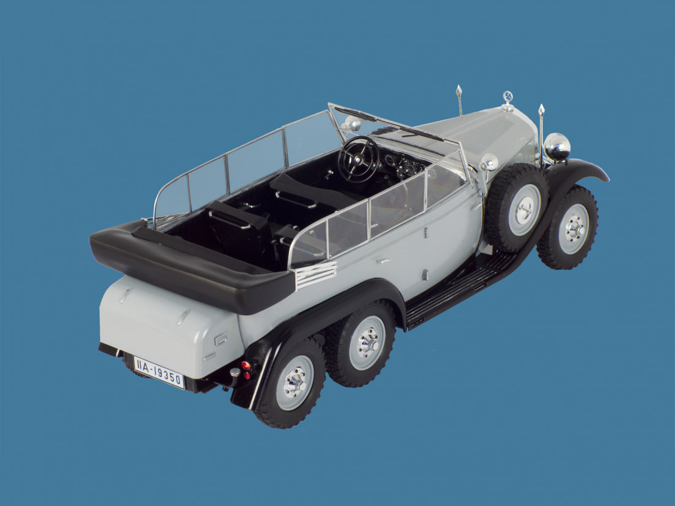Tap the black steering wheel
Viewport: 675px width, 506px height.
point(358,159)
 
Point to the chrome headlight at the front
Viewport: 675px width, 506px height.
point(557,147)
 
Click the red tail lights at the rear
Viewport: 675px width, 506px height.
point(246,370)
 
